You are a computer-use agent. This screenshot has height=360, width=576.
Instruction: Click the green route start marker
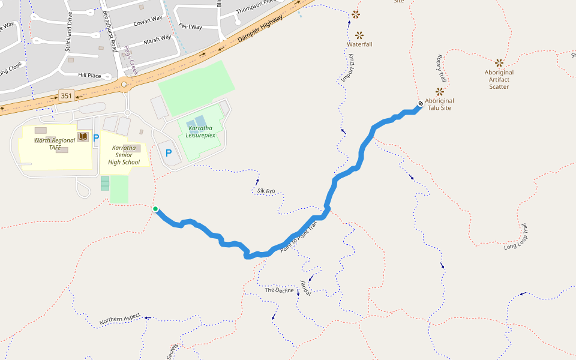(x=155, y=209)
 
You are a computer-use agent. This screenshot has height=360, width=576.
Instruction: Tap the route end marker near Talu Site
(x=421, y=103)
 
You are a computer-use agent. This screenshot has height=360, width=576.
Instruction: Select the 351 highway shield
(x=65, y=96)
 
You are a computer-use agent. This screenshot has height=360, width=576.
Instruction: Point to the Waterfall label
(x=359, y=44)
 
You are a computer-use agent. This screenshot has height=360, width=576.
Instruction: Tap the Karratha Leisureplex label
(x=201, y=131)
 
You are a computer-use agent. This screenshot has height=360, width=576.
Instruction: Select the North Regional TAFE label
(x=55, y=144)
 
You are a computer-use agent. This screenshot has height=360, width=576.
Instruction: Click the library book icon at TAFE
(x=83, y=137)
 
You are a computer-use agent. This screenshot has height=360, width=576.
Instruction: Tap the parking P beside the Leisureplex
(x=169, y=153)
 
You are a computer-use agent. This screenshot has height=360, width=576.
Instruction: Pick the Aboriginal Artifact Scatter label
(x=499, y=79)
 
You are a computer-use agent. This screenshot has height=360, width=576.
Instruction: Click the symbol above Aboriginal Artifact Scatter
(x=499, y=62)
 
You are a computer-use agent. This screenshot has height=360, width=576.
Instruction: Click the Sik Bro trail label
(x=266, y=191)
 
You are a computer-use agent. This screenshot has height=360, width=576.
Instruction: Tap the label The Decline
(x=280, y=290)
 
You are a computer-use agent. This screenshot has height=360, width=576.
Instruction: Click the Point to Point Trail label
(x=298, y=235)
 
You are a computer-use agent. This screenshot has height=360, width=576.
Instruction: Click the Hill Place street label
(x=89, y=76)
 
